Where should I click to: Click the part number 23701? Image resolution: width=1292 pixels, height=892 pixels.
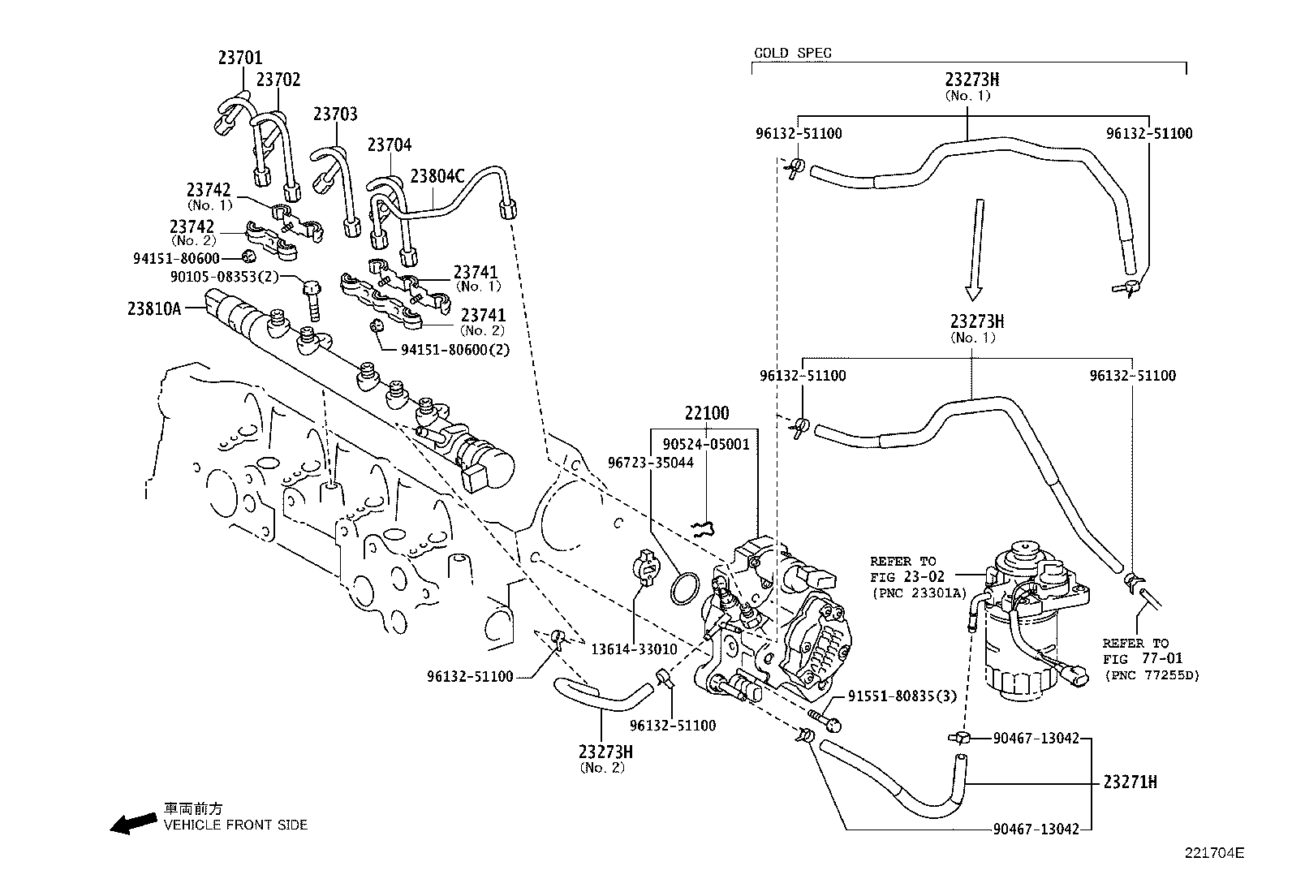pyautogui.click(x=239, y=58)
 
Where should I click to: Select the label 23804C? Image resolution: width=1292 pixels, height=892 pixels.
pyautogui.click(x=437, y=176)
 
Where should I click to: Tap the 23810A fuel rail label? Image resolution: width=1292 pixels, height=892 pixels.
pyautogui.click(x=153, y=308)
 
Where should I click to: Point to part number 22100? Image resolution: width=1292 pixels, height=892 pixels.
pyautogui.click(x=706, y=413)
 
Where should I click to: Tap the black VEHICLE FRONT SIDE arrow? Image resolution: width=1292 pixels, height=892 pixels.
pyautogui.click(x=134, y=823)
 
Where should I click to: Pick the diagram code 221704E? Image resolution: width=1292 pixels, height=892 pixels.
pyautogui.click(x=1213, y=853)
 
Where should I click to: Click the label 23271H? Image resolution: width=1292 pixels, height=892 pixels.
pyautogui.click(x=1129, y=783)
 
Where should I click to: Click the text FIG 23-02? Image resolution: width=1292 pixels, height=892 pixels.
pyautogui.click(x=907, y=577)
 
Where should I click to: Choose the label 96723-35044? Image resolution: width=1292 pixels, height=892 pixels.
pyautogui.click(x=651, y=463)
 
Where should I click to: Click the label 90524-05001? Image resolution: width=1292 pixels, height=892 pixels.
pyautogui.click(x=705, y=444)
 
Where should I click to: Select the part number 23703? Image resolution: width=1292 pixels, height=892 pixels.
pyautogui.click(x=335, y=114)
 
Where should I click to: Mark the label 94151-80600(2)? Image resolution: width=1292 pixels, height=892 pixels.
pyautogui.click(x=455, y=350)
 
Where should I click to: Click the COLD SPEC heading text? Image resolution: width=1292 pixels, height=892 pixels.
pyautogui.click(x=792, y=54)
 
